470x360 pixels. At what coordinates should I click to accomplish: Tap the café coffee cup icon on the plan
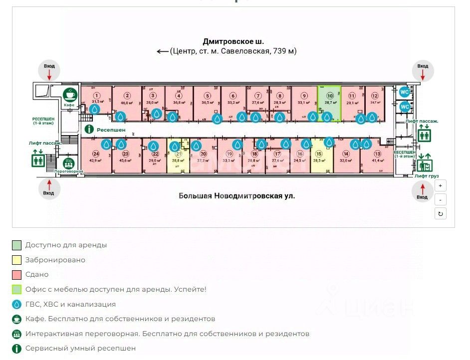point(69,94)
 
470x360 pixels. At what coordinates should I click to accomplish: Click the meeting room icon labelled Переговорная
point(68,163)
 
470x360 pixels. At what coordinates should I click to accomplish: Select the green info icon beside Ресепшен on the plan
point(89,129)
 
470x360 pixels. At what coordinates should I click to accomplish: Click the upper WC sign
point(405,92)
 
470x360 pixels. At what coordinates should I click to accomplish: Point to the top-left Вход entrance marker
point(49,71)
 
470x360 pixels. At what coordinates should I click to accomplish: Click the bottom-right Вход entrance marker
point(423,191)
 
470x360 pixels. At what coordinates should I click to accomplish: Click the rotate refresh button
point(440,214)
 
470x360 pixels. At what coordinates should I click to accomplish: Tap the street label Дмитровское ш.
point(233,41)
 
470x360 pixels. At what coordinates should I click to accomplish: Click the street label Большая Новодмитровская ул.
point(237,196)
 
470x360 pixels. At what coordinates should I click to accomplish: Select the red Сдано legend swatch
point(17,275)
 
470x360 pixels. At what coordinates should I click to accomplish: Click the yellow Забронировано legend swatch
point(17,260)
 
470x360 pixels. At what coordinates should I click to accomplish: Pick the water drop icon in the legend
point(17,304)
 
